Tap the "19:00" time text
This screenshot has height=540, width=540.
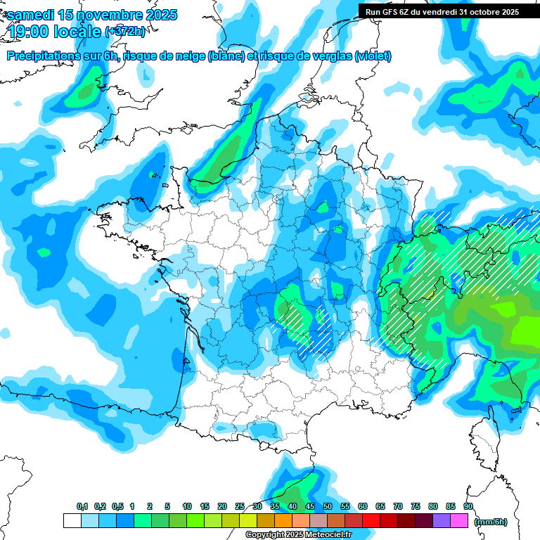tap(28, 32)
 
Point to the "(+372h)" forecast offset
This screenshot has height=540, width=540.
tap(124, 32)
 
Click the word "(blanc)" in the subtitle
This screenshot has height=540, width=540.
tap(226, 56)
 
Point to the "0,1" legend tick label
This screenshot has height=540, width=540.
tap(82, 507)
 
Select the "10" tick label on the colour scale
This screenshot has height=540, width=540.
tap(187, 507)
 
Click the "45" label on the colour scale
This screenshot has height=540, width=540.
tap(310, 507)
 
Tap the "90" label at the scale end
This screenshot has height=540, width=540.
tap(468, 507)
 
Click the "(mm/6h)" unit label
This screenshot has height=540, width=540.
tap(491, 522)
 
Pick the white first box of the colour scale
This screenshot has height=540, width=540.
tap(72, 521)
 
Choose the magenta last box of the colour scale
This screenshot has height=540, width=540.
tap(459, 521)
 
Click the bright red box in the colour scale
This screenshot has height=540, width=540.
tap(371, 521)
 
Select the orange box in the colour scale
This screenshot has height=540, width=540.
tap(283, 521)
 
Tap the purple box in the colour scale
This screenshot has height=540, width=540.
tap(442, 521)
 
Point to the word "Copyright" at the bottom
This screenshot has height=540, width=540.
tap(264, 535)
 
